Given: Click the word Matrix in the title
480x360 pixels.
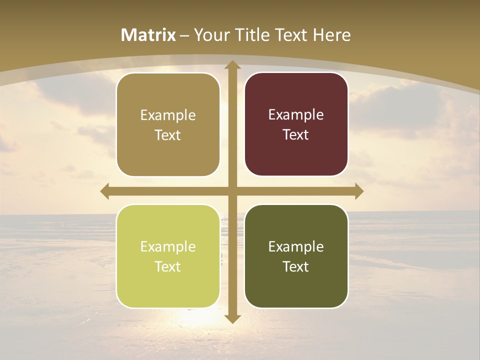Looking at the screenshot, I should pyautogui.click(x=148, y=35).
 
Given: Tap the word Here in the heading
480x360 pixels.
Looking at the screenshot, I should pyautogui.click(x=331, y=35).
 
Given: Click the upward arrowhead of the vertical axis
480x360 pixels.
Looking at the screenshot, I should pyautogui.click(x=232, y=65).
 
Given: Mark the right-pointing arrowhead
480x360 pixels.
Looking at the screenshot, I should pyautogui.click(x=358, y=191).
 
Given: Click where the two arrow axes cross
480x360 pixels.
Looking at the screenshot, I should pyautogui.click(x=232, y=191).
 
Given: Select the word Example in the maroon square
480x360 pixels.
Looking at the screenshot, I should pyautogui.click(x=296, y=114).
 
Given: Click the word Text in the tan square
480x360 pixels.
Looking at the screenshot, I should pyautogui.click(x=168, y=135).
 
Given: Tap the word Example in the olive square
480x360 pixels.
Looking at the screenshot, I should pyautogui.click(x=296, y=246).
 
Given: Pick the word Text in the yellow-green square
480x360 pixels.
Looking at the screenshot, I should pyautogui.click(x=168, y=266).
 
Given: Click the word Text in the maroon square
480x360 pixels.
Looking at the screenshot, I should pyautogui.click(x=296, y=134).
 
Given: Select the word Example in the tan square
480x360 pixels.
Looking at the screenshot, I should pyautogui.click(x=168, y=115).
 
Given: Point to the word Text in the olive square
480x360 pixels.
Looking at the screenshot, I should pyautogui.click(x=296, y=266).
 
